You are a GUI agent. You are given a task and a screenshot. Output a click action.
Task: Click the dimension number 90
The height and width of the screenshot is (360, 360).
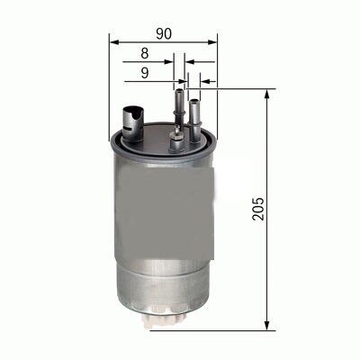pos(164,33)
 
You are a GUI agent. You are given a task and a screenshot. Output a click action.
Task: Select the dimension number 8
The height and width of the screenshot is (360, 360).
pos(157,55)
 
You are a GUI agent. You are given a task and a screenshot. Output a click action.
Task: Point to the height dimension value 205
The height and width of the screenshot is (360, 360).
pos(260,210)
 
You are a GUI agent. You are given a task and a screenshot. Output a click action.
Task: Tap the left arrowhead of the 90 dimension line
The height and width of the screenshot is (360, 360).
pos(113,40)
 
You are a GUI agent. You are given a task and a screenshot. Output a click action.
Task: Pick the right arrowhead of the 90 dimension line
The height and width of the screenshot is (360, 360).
pos(213,40)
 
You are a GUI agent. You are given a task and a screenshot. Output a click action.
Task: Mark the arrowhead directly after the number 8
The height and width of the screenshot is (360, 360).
pos(179,62)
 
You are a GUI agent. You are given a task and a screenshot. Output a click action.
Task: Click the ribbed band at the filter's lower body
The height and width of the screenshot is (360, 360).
pos(164,270)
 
